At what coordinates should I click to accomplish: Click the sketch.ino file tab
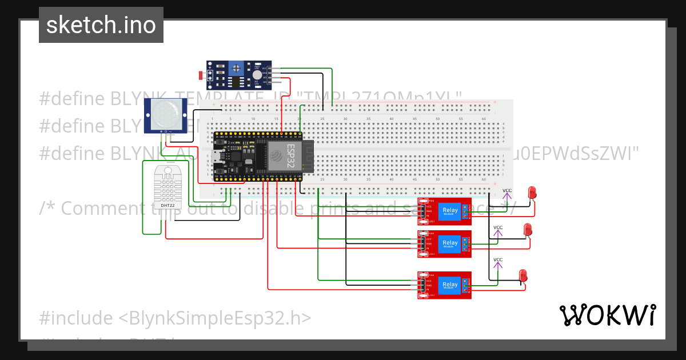(x=101, y=25)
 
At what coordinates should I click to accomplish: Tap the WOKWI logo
(x=607, y=315)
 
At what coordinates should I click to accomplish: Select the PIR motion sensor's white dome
(x=165, y=115)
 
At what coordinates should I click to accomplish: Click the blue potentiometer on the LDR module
(x=236, y=70)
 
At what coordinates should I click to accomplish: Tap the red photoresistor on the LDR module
(x=200, y=75)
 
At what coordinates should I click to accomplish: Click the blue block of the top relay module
(x=450, y=211)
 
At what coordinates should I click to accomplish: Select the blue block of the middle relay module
(x=450, y=243)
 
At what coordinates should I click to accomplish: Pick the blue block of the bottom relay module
(x=450, y=285)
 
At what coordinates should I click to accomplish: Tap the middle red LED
(x=528, y=230)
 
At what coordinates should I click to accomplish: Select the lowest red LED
(x=523, y=275)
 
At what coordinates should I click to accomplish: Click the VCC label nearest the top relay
(x=506, y=191)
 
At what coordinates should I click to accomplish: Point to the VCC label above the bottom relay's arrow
(x=497, y=260)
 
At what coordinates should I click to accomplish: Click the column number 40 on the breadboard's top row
(x=391, y=119)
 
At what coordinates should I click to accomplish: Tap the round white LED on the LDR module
(x=257, y=74)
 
